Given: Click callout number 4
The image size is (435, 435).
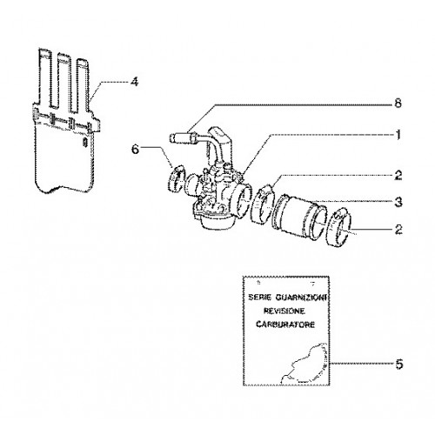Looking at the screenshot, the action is [x=134, y=83].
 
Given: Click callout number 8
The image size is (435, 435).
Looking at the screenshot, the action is [x=398, y=104].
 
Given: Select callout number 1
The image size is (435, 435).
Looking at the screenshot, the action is [x=398, y=135].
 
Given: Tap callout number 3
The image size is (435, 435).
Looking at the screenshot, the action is [x=398, y=202].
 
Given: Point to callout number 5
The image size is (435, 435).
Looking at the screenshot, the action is [x=399, y=365].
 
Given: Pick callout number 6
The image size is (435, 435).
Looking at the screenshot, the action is [x=136, y=150].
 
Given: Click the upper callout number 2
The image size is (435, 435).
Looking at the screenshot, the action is [x=398, y=176].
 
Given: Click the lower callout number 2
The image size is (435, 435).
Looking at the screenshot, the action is [x=398, y=230].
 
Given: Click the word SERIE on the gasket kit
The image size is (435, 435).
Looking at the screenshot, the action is [x=260, y=298].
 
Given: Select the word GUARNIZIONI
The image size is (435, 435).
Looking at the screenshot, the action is [x=302, y=298].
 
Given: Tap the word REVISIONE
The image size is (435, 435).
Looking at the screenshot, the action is [x=284, y=311].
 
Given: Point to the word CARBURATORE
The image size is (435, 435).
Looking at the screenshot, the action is [x=285, y=325].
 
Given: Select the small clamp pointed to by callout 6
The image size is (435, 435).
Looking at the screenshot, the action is [x=176, y=178].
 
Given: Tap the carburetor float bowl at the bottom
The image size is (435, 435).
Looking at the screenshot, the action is [x=215, y=222].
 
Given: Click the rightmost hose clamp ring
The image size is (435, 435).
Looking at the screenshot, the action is [x=339, y=228].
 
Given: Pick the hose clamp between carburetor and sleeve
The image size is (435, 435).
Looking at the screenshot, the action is [x=264, y=204].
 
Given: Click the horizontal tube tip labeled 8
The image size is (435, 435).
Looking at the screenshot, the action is [x=176, y=137].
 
